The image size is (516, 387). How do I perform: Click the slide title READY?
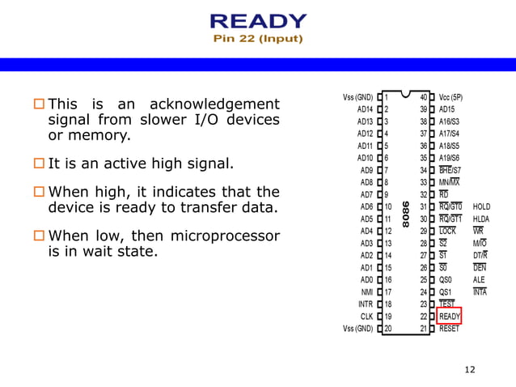click(x=258, y=21)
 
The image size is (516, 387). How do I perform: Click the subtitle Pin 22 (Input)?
click(x=258, y=38)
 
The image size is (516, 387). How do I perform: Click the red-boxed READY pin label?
click(x=450, y=317)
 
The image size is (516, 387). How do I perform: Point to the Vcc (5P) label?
click(x=450, y=97)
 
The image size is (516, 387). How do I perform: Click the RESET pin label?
click(x=449, y=329)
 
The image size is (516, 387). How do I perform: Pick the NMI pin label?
click(x=366, y=292)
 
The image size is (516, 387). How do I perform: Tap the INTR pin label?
click(x=366, y=304)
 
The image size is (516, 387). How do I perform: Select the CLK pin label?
click(x=366, y=317)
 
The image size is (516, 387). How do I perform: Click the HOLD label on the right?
click(x=481, y=207)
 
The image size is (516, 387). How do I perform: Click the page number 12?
click(x=470, y=370)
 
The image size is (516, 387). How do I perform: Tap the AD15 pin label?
click(x=447, y=109)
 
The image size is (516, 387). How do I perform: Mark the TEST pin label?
click(x=447, y=304)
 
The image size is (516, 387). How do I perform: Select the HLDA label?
click(x=481, y=219)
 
